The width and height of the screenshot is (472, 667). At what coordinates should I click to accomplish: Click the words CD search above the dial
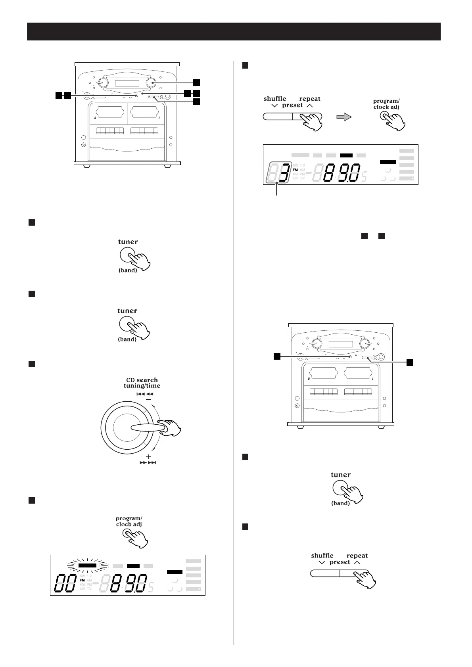click(142, 380)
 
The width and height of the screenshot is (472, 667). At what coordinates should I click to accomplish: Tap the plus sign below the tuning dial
click(149, 457)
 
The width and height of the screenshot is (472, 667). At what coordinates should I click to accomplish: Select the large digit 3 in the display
click(282, 174)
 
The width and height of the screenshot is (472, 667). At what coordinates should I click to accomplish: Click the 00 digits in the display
click(65, 583)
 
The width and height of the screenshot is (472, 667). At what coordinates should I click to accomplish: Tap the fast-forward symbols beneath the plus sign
click(148, 463)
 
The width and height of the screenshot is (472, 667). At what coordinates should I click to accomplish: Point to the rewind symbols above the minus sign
click(144, 394)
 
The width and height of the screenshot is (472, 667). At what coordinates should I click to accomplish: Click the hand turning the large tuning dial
click(171, 428)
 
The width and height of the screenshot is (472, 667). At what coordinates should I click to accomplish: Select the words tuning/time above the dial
click(142, 386)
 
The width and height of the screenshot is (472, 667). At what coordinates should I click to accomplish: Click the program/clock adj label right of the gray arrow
click(386, 104)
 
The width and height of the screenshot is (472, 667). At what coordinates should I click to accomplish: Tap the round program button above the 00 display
click(127, 533)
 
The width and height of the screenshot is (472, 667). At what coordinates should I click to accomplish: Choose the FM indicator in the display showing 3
click(295, 170)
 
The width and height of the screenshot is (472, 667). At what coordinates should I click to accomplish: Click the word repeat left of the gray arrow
click(310, 99)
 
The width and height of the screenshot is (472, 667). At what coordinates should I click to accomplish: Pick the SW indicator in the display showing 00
click(82, 576)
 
